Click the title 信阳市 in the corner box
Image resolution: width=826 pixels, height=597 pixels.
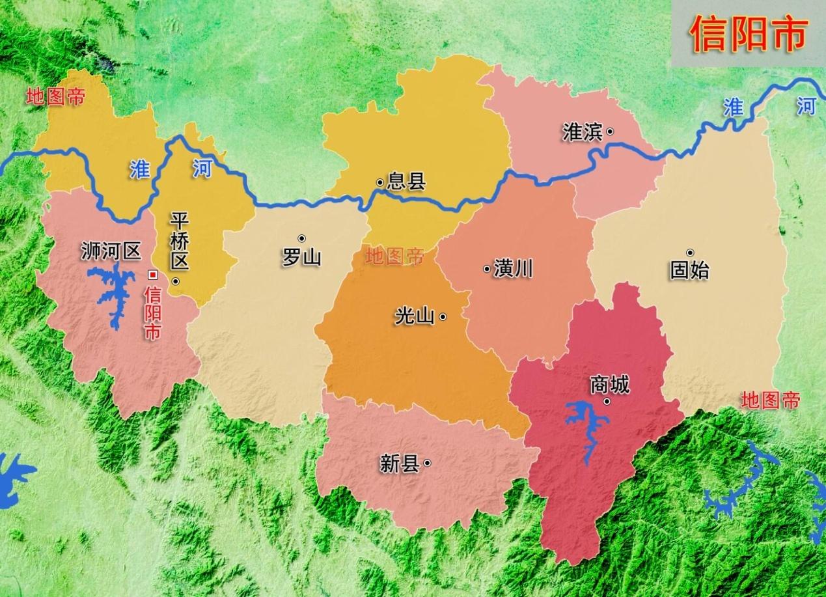[x=748, y=34]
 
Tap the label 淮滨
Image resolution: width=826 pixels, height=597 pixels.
[x=582, y=132]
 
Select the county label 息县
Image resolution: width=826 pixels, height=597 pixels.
[x=406, y=182]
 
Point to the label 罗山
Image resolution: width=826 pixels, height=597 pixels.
[x=301, y=257]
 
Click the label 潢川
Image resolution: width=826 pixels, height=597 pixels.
[x=513, y=268]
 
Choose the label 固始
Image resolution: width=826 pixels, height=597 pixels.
[x=689, y=270]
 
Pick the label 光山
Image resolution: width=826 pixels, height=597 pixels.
[x=414, y=317]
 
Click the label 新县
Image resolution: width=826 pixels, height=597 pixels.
[x=399, y=464]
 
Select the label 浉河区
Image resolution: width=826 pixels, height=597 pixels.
[x=111, y=251]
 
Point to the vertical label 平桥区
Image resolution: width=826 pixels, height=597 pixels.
[x=179, y=241]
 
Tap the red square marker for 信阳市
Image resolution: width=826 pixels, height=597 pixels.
[x=154, y=275]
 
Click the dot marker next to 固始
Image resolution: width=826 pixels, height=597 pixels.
[x=690, y=252]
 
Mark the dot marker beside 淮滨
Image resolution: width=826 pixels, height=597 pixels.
[x=610, y=132]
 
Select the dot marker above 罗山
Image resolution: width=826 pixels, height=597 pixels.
[x=301, y=238]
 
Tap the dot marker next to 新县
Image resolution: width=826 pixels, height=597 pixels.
[x=428, y=463]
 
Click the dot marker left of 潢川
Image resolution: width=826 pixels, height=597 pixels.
[x=486, y=269]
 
